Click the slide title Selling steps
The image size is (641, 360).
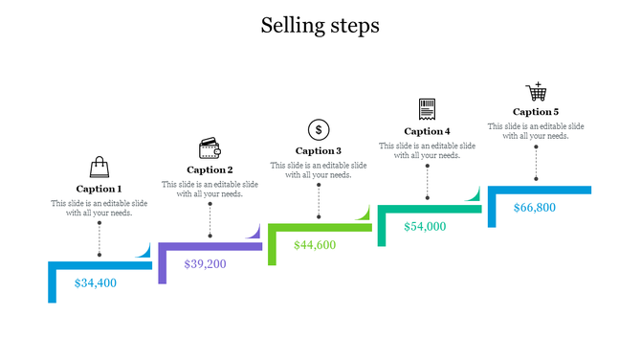pos(320,26)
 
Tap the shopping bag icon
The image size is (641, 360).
pos(99,169)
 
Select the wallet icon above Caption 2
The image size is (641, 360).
pos(210,148)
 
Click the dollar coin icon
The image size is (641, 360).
pos(319,129)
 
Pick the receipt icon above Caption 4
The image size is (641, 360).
pos(427,108)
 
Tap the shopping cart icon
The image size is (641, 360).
pos(536,92)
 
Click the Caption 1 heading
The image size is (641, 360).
pos(99,189)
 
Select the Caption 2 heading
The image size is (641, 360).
pos(210,169)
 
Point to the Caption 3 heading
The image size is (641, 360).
pos(319,150)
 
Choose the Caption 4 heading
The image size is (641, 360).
pos(427,131)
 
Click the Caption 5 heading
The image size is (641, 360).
pos(536,112)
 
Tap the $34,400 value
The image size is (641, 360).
pos(95,282)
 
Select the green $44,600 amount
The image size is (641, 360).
pos(315,244)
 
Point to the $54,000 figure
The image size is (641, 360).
pos(425,226)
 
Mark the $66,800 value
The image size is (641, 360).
pos(534,207)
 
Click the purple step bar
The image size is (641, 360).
pos(210,247)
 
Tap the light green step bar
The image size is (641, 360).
pos(320,228)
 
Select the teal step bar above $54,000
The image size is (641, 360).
pos(431,209)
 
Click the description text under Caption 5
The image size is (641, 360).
pos(536,131)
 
